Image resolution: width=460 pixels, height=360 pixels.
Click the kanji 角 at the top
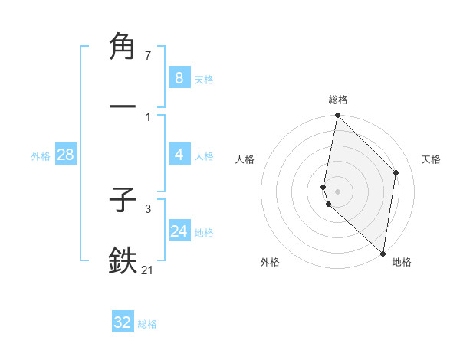click(x=123, y=47)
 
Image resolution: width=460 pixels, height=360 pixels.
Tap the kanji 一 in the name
click(x=123, y=106)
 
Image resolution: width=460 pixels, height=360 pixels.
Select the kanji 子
click(x=123, y=201)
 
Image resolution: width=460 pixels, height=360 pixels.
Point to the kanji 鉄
click(x=123, y=260)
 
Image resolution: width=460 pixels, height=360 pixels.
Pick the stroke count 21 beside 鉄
click(x=148, y=270)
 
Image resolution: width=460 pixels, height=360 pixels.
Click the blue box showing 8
click(x=179, y=77)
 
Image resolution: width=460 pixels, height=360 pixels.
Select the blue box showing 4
click(x=179, y=155)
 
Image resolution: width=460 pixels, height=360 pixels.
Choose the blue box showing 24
click(x=179, y=231)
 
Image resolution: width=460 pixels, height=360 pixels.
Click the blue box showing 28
click(x=66, y=155)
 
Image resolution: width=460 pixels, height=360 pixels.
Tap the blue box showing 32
click(x=123, y=322)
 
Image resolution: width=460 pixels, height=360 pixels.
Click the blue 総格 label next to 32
click(x=148, y=324)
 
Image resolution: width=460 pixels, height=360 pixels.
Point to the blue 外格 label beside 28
click(x=41, y=155)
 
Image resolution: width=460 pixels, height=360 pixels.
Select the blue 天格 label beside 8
click(x=204, y=79)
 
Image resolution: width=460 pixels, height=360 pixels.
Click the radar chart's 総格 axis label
click(x=338, y=100)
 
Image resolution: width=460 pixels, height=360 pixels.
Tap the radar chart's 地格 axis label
click(x=402, y=263)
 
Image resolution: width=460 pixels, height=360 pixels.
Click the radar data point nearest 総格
click(x=337, y=116)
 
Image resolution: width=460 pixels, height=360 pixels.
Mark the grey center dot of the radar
click(x=337, y=191)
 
